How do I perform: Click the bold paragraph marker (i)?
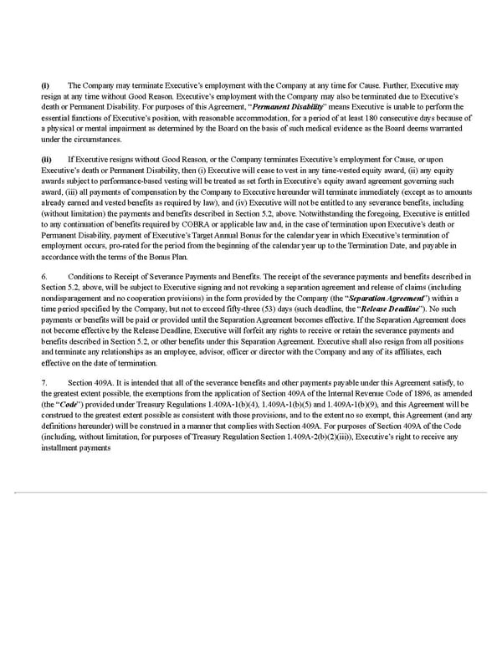click(45, 85)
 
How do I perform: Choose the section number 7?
click(44, 383)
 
